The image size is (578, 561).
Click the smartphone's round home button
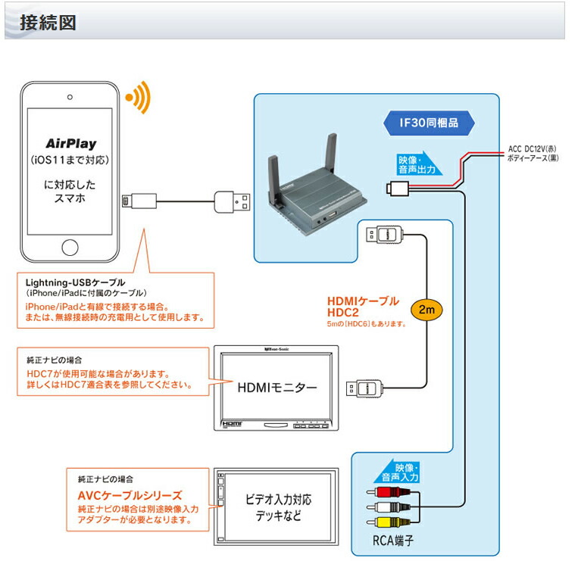[x=70, y=248]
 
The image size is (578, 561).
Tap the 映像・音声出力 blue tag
[x=417, y=165]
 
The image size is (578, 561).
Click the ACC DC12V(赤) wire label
[x=530, y=149]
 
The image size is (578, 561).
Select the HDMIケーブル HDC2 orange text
[x=363, y=306]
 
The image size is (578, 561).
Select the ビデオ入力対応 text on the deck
[x=278, y=500]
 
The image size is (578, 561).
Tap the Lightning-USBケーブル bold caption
[x=75, y=282]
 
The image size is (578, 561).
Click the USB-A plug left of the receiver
[x=231, y=201]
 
